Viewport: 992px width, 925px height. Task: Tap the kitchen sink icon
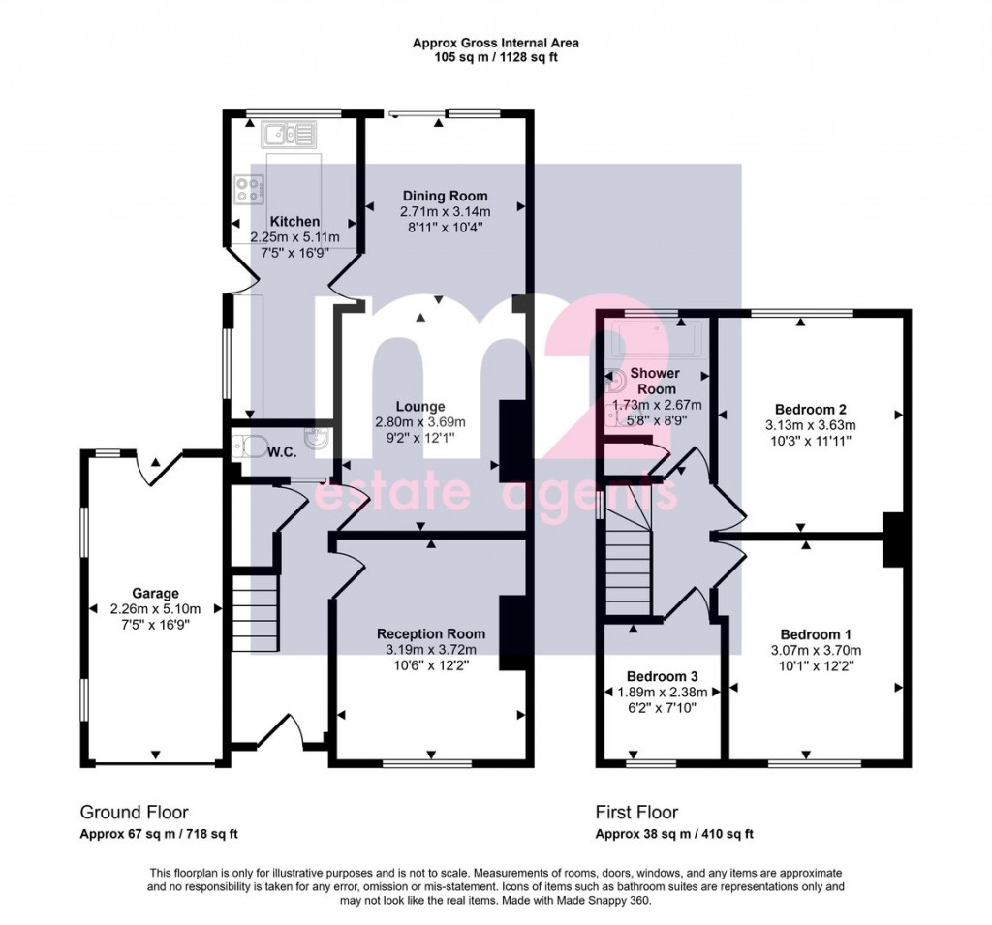click(x=287, y=133)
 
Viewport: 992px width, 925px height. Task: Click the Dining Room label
click(x=445, y=197)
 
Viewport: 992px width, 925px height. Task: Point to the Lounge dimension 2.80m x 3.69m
click(x=420, y=421)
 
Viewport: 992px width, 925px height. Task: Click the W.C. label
click(x=282, y=451)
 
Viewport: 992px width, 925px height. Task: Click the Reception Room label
click(x=431, y=634)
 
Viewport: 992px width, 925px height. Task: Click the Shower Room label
click(x=655, y=381)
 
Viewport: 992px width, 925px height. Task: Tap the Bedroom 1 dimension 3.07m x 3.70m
click(x=816, y=650)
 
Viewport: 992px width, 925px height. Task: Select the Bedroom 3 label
click(x=658, y=676)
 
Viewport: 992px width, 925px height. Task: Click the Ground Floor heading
click(x=134, y=813)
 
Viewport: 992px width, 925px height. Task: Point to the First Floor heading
click(x=636, y=813)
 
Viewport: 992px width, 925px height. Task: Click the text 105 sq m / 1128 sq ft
click(x=496, y=57)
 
